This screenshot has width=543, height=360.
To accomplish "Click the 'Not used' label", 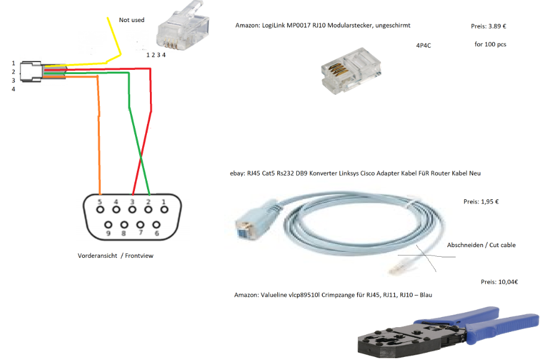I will click(131, 20).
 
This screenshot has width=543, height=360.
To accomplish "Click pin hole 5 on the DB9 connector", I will click(100, 210).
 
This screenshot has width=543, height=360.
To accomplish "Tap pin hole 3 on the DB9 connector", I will click(132, 210).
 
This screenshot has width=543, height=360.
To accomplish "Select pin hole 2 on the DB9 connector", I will click(148, 210).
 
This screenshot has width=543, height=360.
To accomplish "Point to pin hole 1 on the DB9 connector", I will click(164, 210).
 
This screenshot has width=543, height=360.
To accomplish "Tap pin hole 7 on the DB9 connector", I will click(140, 225).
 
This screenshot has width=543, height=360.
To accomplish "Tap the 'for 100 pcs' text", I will click(490, 44).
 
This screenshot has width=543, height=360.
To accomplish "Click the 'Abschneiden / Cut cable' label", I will click(481, 245).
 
